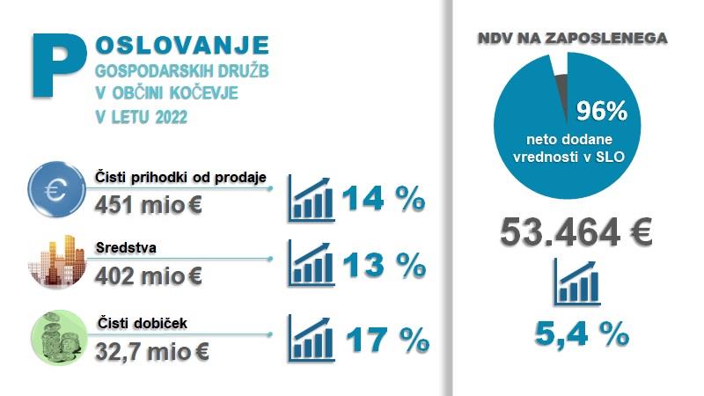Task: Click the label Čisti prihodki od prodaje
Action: [x=191, y=179]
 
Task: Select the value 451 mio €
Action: [x=149, y=204]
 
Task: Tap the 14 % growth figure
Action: [x=384, y=199]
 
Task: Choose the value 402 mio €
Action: [x=149, y=275]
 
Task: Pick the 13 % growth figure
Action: [x=384, y=265]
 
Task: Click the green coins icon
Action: [x=56, y=336]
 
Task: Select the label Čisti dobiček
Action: [x=137, y=323]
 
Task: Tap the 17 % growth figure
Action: [x=385, y=338]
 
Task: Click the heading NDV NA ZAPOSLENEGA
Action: [x=572, y=39]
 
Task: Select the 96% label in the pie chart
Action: [x=600, y=111]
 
